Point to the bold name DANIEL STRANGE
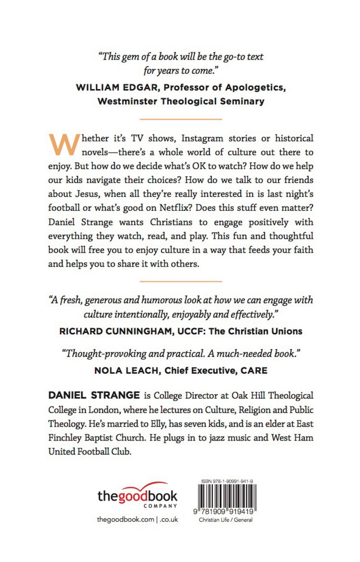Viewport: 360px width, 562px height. [x=93, y=395]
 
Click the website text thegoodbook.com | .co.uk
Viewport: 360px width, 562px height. [x=137, y=519]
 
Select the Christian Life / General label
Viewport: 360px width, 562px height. [x=225, y=520]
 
